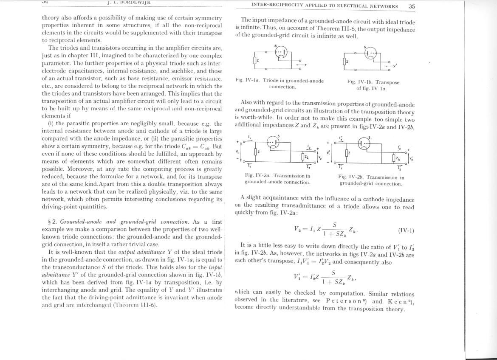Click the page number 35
(x=411, y=6)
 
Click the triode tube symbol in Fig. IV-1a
(x=280, y=53)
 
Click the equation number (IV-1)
(x=406, y=231)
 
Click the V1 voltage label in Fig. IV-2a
(x=237, y=151)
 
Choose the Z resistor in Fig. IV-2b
(x=347, y=152)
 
